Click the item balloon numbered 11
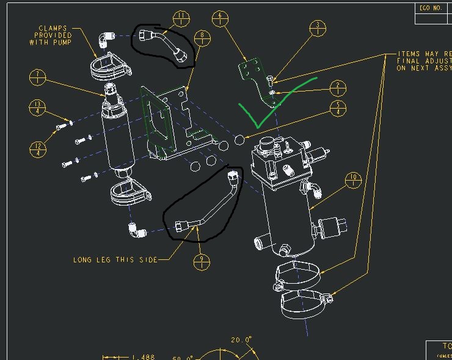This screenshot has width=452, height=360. (181, 19)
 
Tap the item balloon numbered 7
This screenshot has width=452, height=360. (38, 79)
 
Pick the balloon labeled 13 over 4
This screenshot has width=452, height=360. (38, 109)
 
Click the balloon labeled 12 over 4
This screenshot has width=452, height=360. (38, 149)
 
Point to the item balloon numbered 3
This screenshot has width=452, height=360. (318, 29)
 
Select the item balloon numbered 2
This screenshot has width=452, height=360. (337, 89)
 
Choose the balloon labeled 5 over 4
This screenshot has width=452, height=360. (337, 109)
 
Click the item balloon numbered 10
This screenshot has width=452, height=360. (353, 181)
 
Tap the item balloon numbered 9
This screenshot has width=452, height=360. (202, 262)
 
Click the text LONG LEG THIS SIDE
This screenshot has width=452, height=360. (115, 260)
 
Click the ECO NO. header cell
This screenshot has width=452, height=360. (431, 8)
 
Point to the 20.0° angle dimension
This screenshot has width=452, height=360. (241, 339)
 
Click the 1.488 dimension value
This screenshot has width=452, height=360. (144, 357)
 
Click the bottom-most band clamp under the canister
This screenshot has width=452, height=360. (307, 303)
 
